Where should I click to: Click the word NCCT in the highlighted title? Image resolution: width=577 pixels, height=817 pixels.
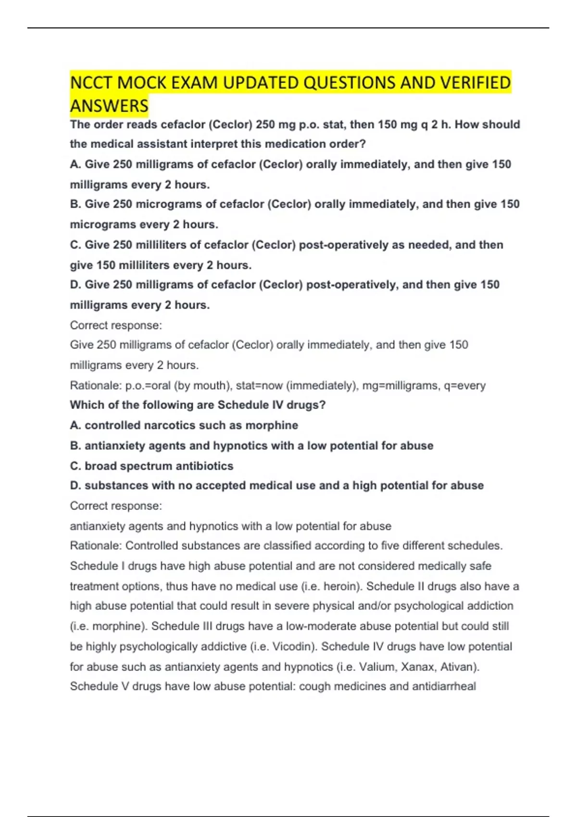91,83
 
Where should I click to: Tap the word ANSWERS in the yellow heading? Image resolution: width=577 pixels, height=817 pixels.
109,106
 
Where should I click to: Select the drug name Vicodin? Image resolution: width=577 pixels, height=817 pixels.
293,646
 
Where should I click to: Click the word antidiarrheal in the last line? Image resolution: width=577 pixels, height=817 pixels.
443,686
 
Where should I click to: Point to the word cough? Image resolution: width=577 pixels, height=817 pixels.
314,686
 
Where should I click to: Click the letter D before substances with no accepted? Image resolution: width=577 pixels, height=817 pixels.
75,486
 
